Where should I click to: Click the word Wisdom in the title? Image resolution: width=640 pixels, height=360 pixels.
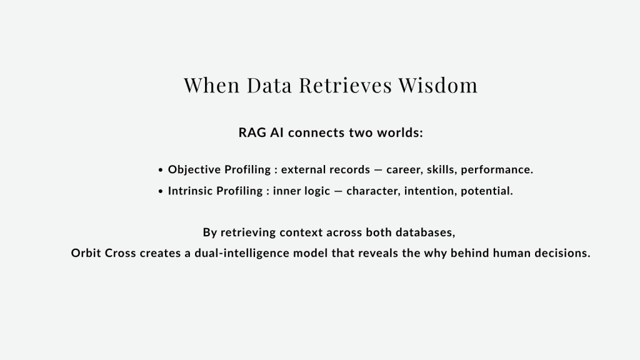[438, 85]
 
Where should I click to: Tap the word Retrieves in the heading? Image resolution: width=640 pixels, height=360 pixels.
[345, 85]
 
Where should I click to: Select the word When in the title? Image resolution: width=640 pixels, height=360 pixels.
[211, 85]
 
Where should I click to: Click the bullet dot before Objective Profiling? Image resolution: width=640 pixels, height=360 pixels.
[161, 170]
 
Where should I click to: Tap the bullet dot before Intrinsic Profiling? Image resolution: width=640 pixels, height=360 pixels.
[161, 191]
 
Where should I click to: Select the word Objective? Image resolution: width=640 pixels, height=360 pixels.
[194, 169]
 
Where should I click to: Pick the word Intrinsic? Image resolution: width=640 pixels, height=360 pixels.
[190, 191]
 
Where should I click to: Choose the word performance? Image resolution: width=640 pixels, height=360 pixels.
[496, 170]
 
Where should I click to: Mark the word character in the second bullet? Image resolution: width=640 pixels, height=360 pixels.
[372, 191]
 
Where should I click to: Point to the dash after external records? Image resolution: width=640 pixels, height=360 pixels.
[378, 170]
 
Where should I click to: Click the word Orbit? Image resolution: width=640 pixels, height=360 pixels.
[86, 253]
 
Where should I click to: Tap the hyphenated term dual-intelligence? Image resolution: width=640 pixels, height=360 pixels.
[242, 253]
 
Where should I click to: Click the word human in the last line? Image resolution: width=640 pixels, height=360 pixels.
[511, 253]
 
